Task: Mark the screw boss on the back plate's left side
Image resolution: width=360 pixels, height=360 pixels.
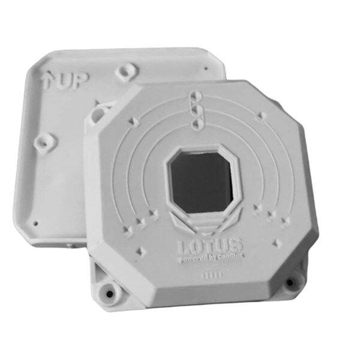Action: (x=42, y=142)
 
